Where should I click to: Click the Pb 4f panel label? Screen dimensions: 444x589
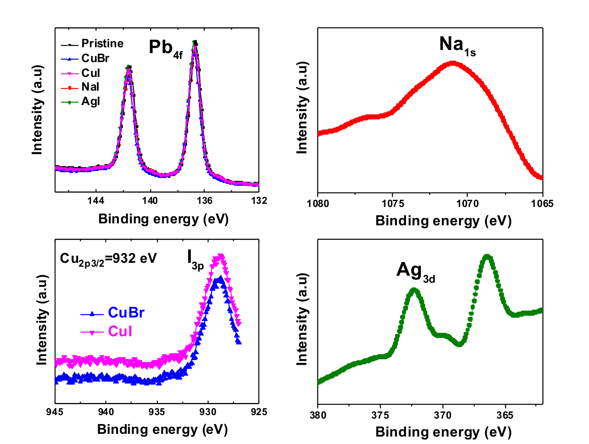coord(165,49)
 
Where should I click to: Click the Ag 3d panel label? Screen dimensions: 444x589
coord(415,271)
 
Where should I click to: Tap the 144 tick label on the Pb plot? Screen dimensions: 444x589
coord(96,201)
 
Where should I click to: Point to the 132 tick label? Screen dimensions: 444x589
coord(259,201)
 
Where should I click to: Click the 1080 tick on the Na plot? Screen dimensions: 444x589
coord(318,204)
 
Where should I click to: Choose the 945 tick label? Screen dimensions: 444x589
coord(55,412)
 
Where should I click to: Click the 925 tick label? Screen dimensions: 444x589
coord(259,412)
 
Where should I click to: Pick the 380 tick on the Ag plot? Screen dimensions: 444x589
coord(318,415)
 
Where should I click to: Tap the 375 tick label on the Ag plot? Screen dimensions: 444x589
coord(380,415)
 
